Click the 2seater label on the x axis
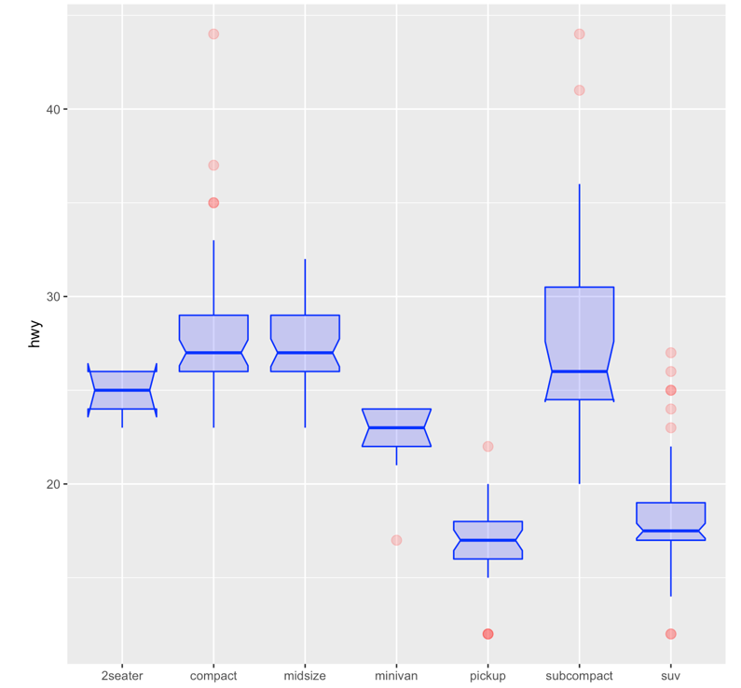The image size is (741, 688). coord(122,676)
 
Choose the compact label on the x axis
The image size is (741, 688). coord(213,676)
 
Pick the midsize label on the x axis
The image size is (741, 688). coord(305,676)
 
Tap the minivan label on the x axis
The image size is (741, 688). coord(396,676)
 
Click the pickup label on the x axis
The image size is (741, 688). coord(487,676)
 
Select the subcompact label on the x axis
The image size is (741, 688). coord(579,676)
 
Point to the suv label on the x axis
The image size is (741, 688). coord(670,676)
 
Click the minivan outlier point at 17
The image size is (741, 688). coord(396,540)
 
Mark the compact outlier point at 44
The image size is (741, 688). coord(213,34)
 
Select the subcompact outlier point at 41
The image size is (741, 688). coord(579,90)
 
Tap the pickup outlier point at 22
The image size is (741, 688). coord(487,447)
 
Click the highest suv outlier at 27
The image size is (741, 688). coord(670,353)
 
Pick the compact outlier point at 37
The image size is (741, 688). coord(213,166)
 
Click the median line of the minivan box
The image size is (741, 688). coord(396,427)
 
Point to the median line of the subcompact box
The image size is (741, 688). coord(579,371)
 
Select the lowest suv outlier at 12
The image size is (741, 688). coord(670,634)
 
